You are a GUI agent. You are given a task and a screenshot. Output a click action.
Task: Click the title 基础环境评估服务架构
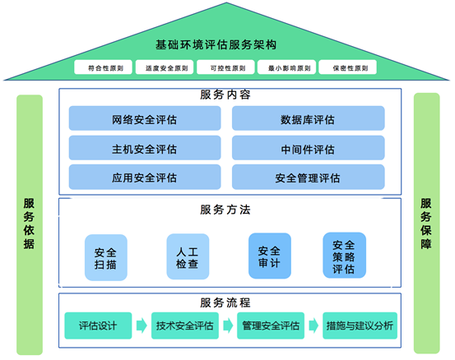[x=216, y=44]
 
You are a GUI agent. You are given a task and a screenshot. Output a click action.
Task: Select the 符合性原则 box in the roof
[x=104, y=67]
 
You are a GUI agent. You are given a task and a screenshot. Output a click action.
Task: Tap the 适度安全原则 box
[x=165, y=67]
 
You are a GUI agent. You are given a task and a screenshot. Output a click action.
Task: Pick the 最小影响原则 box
[x=286, y=67]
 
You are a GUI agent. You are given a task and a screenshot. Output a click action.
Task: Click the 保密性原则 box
[x=348, y=67]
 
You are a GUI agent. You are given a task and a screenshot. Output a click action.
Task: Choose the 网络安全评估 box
[x=145, y=118]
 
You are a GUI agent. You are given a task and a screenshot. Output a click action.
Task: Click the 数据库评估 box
[x=309, y=118]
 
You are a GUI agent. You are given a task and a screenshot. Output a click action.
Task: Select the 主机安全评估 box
[x=145, y=148]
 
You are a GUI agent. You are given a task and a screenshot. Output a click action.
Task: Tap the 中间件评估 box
[x=309, y=148]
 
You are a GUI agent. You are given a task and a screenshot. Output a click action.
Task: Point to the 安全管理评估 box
[x=309, y=177]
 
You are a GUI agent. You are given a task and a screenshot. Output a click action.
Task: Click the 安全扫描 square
[x=106, y=258]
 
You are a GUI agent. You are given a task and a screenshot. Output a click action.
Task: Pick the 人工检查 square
[x=188, y=256]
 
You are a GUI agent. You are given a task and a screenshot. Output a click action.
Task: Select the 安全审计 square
[x=270, y=256]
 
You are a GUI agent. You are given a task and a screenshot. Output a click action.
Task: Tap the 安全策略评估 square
[x=345, y=256]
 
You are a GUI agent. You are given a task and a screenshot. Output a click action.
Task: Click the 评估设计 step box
[x=98, y=325]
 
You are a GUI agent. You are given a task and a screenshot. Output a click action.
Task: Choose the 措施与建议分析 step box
[x=360, y=325]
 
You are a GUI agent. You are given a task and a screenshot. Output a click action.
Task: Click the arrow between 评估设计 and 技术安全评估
[x=142, y=325]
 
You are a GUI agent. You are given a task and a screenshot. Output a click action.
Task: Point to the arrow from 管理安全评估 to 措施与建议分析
[x=313, y=325]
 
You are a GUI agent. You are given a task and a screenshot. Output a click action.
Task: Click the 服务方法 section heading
[x=225, y=210]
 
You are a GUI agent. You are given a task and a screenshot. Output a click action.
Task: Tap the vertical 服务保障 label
[x=426, y=224]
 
